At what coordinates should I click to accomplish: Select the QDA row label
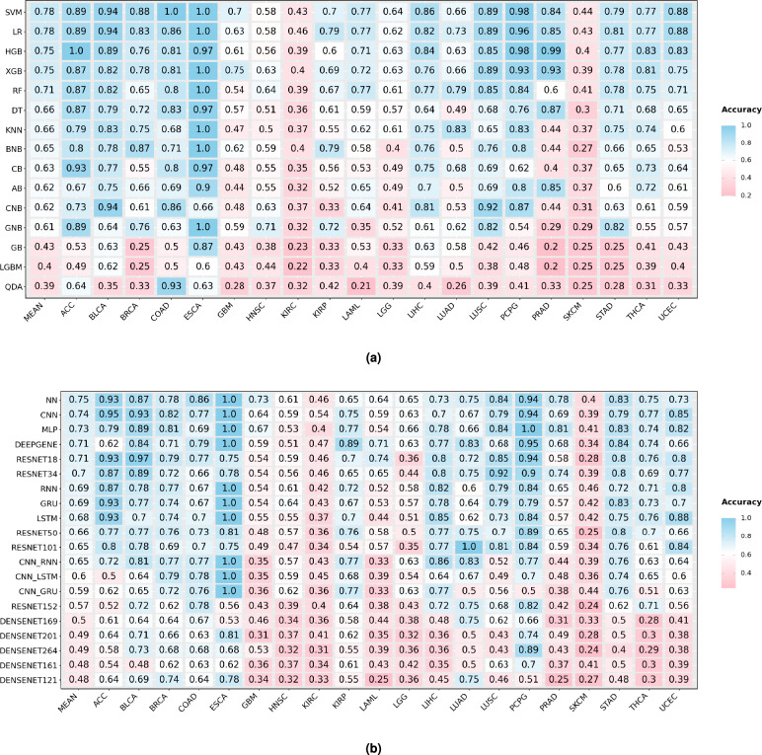click(x=14, y=285)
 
